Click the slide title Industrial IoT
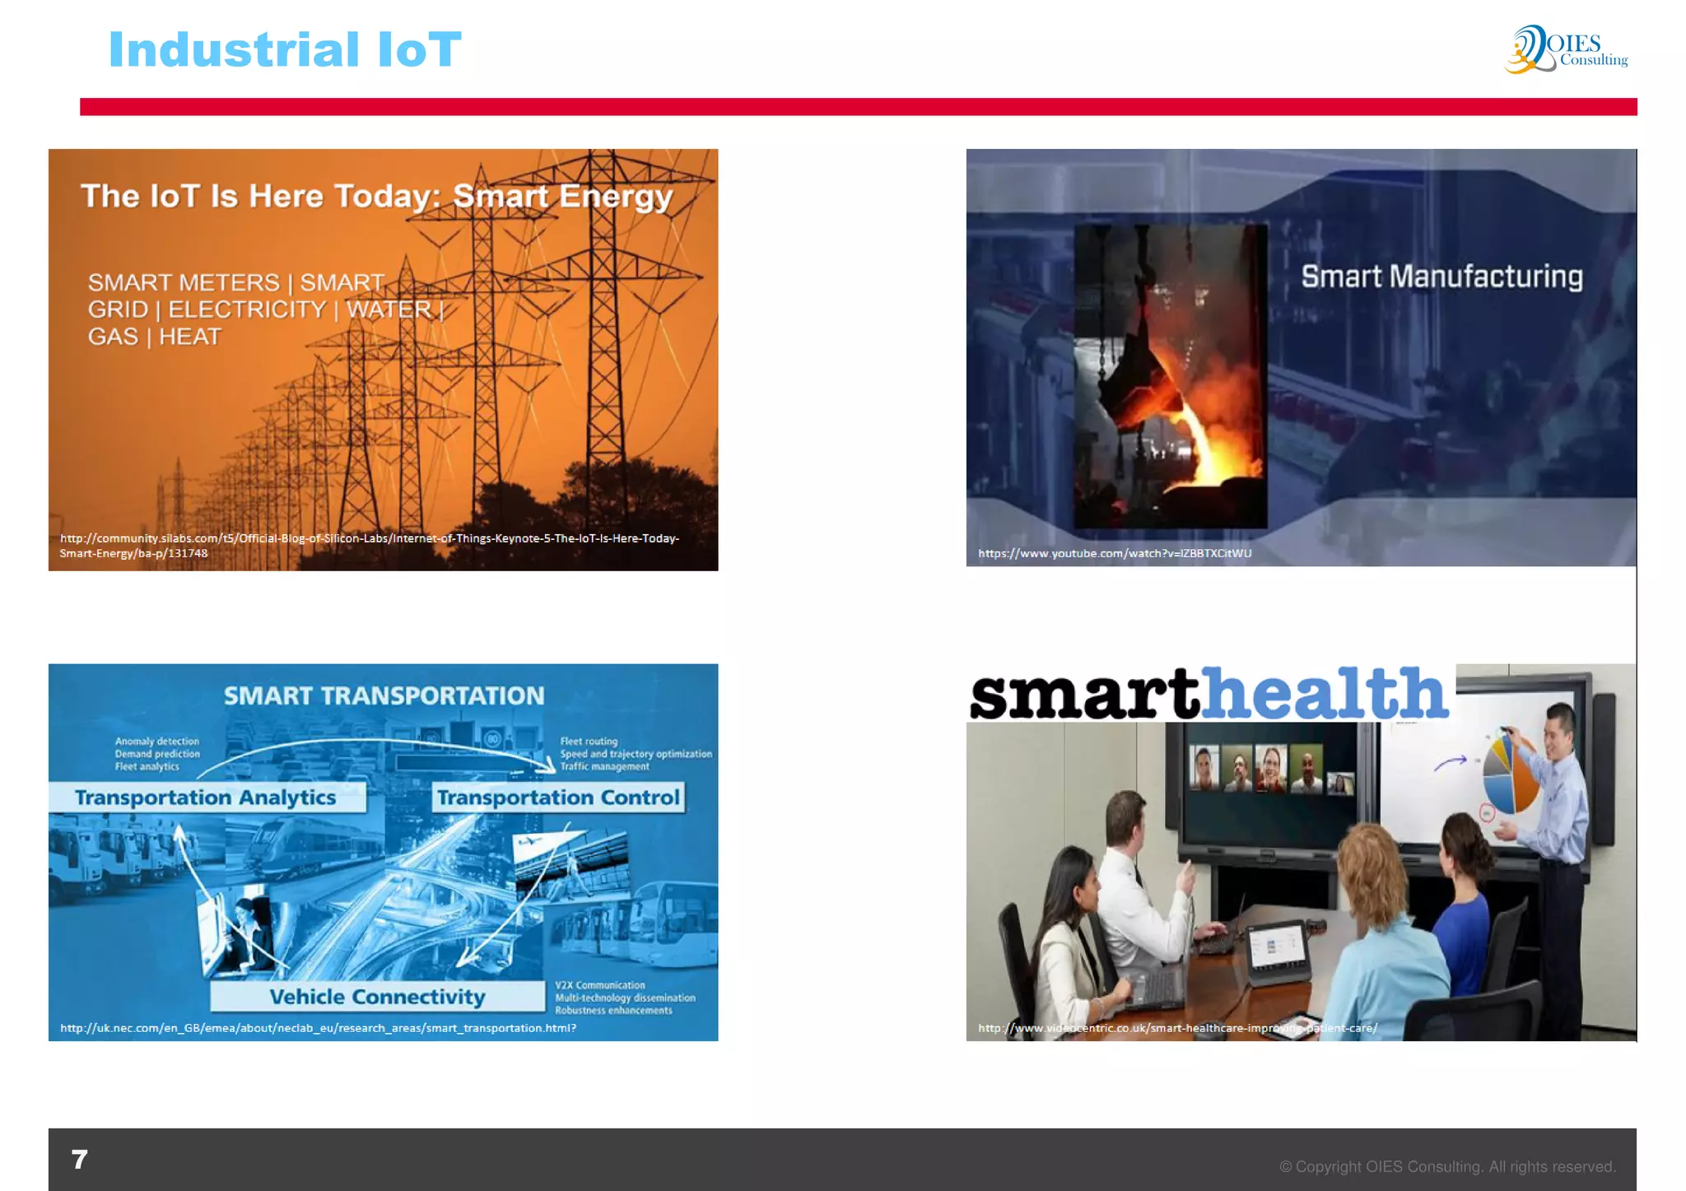coord(285,49)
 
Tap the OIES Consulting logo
coord(1566,49)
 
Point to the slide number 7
coord(80,1159)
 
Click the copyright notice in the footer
coord(1446,1166)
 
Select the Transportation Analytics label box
coord(206,798)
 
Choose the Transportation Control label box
coord(558,798)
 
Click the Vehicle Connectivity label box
coord(377,997)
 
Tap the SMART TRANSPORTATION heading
coord(384,696)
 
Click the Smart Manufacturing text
coord(1441,277)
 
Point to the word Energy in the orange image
coord(616,197)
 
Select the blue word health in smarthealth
coord(1325,693)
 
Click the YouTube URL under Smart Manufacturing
coord(1115,553)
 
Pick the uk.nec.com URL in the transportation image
coord(318,1028)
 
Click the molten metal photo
coord(1170,375)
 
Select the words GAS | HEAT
coord(155,337)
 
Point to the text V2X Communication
coord(600,985)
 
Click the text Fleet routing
coord(589,742)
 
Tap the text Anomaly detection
coord(157,742)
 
